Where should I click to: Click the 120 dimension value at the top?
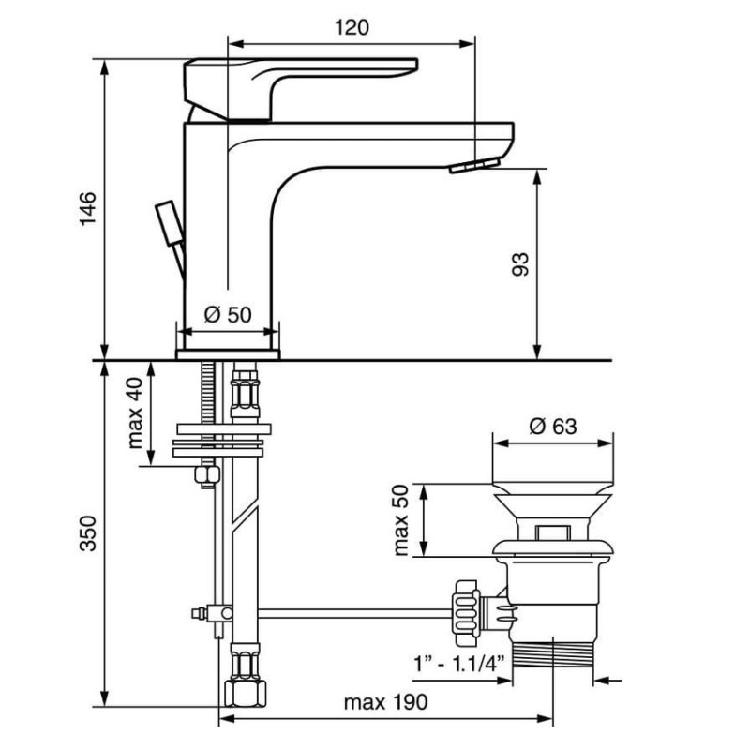[x=352, y=27]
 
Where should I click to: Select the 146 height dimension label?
[x=87, y=208]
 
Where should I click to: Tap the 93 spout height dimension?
[x=520, y=264]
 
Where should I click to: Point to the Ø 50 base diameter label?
[x=227, y=314]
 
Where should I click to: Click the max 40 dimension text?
[x=135, y=412]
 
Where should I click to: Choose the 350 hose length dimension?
[x=87, y=533]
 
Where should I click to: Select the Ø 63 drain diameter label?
[x=553, y=426]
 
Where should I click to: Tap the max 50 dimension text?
[x=401, y=519]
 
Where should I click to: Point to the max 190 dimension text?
[x=385, y=702]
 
